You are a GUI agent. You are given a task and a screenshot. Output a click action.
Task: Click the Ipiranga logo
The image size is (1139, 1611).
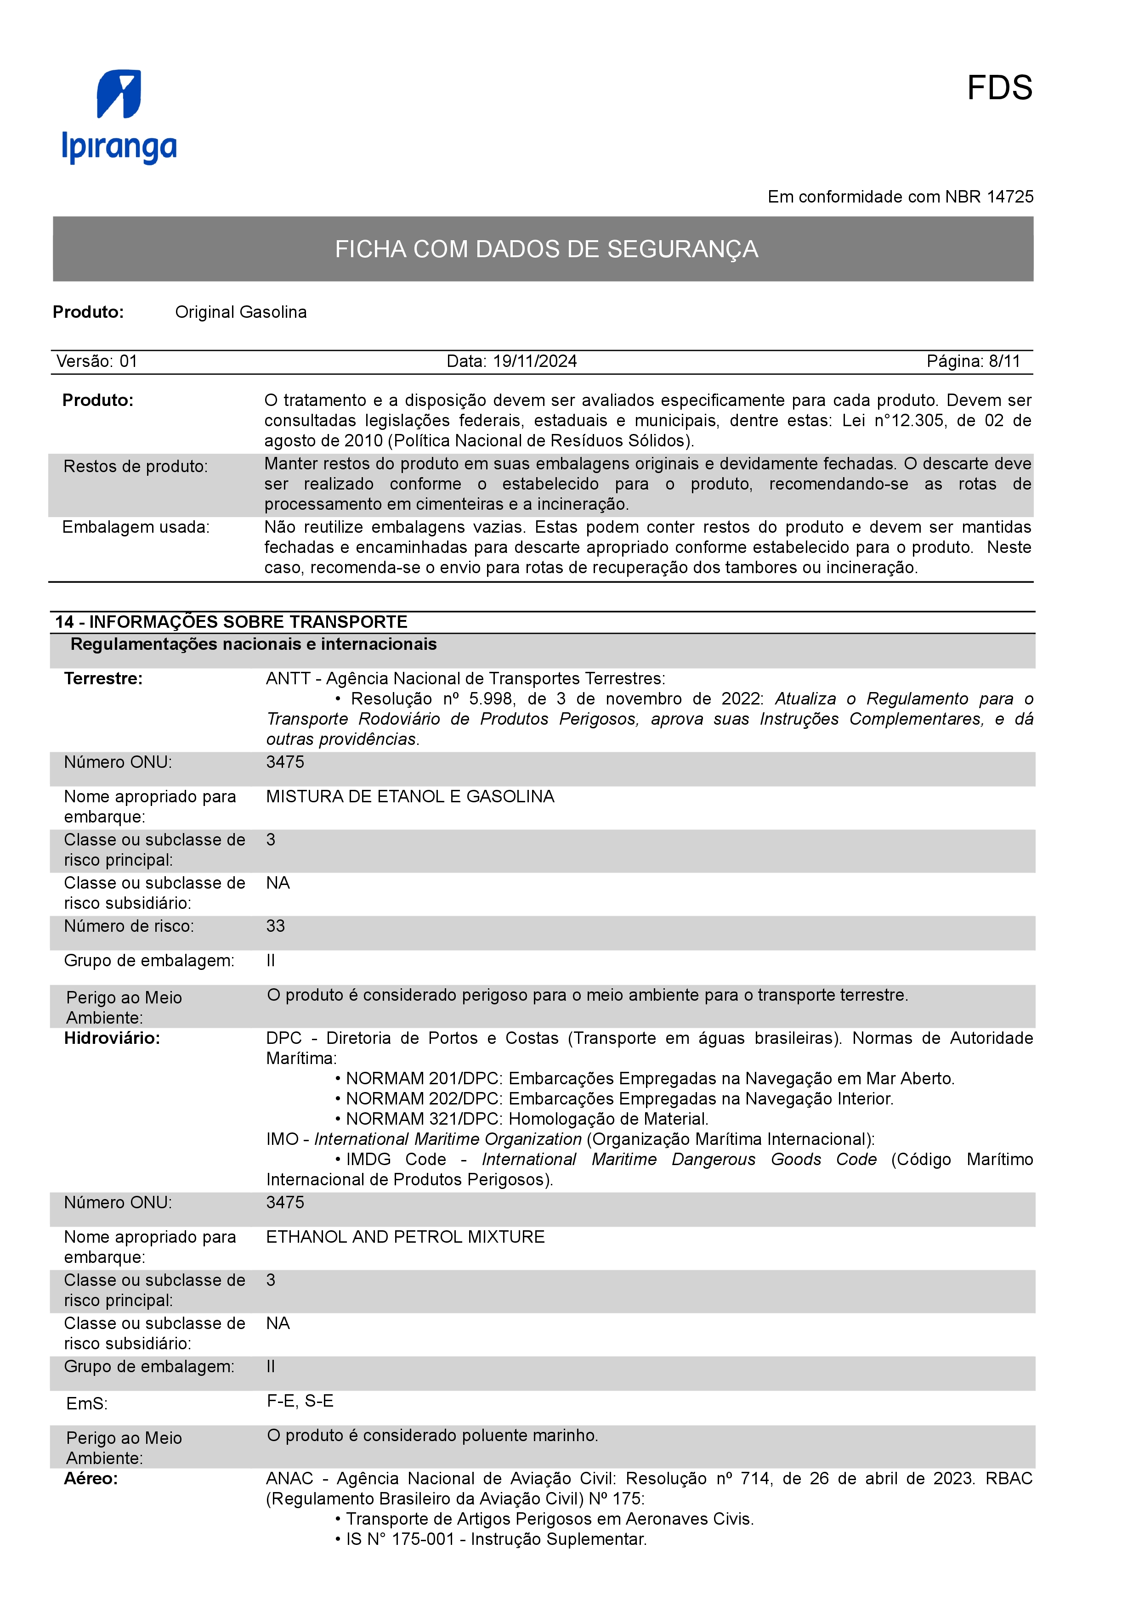[x=119, y=117]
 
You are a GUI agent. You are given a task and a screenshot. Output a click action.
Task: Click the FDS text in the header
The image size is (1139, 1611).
[x=999, y=89]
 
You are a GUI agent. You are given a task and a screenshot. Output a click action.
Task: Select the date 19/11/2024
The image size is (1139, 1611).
[x=535, y=361]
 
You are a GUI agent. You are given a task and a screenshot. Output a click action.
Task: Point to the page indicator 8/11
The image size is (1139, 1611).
[x=1004, y=361]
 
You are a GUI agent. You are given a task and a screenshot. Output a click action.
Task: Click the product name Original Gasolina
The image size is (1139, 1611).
[x=241, y=312]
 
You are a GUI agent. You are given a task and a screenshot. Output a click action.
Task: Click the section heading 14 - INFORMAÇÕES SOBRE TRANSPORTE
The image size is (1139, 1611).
[x=231, y=622]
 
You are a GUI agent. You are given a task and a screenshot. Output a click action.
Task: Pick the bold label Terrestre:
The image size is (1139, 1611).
[x=103, y=678]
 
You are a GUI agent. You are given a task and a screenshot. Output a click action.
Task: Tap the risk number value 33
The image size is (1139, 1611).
[x=275, y=926]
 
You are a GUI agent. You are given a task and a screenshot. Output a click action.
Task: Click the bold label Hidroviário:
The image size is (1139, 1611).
[x=112, y=1038]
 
